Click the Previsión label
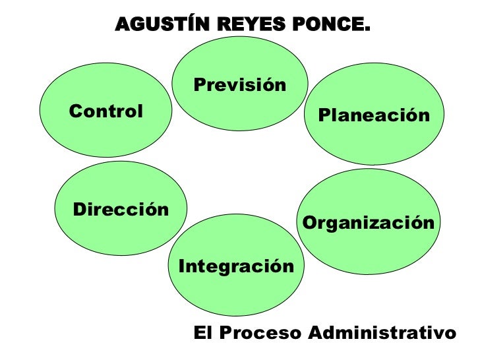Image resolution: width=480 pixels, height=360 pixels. (240, 85)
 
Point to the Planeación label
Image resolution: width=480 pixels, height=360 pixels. (374, 116)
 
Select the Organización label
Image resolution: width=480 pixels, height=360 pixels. (369, 223)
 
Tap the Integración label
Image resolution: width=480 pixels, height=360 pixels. (236, 266)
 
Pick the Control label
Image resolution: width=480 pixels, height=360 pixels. (105, 111)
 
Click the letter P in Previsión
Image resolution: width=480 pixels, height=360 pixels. (199, 85)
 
